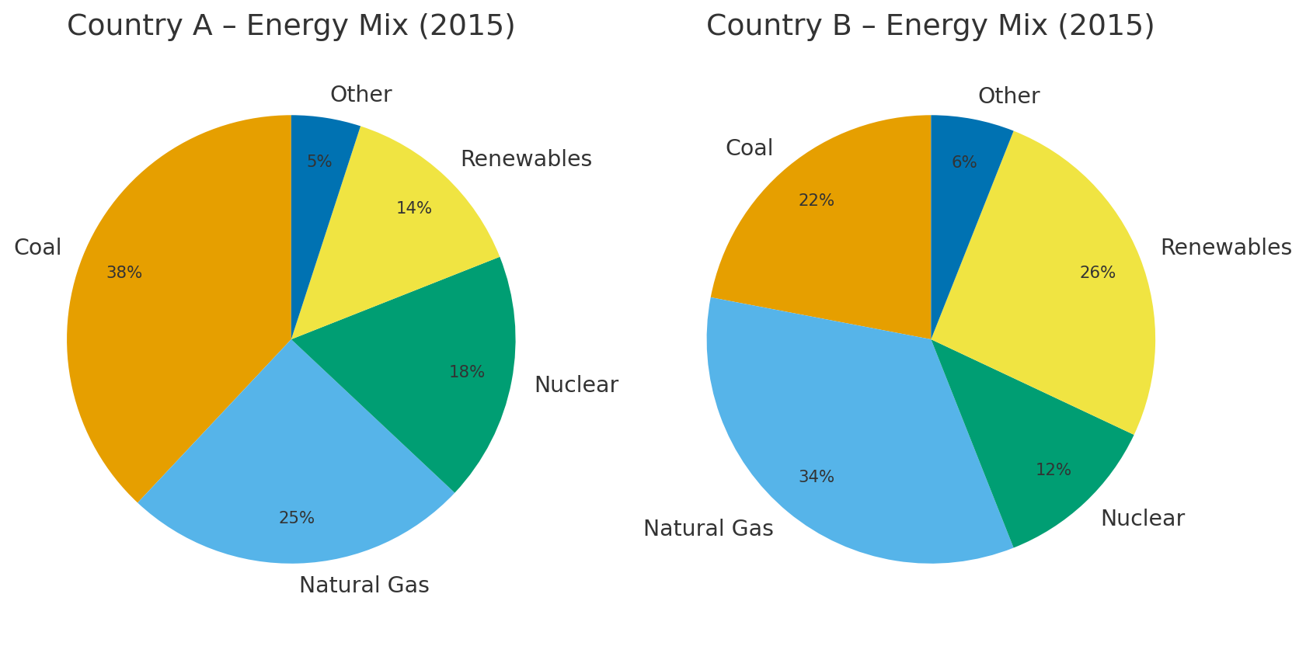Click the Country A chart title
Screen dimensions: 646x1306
click(x=291, y=26)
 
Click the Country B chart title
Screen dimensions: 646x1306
click(x=930, y=26)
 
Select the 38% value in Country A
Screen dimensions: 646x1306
click(x=124, y=273)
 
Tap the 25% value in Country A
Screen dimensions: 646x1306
click(x=297, y=518)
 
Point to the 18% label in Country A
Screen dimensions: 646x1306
click(x=467, y=373)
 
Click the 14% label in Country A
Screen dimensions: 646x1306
click(x=414, y=209)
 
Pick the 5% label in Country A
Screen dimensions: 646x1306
click(x=319, y=162)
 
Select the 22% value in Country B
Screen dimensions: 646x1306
click(x=817, y=201)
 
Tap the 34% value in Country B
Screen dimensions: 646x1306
click(x=817, y=478)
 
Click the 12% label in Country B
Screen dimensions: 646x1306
click(x=1054, y=471)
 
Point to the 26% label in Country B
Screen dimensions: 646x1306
click(x=1098, y=273)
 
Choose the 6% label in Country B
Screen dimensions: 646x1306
click(x=964, y=163)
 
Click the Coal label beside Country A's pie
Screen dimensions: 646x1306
click(x=38, y=248)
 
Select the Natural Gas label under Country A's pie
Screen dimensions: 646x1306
click(x=364, y=585)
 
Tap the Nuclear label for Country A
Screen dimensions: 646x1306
click(x=576, y=385)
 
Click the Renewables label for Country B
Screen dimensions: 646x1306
click(x=1226, y=248)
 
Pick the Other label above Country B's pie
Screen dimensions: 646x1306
click(x=1008, y=96)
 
